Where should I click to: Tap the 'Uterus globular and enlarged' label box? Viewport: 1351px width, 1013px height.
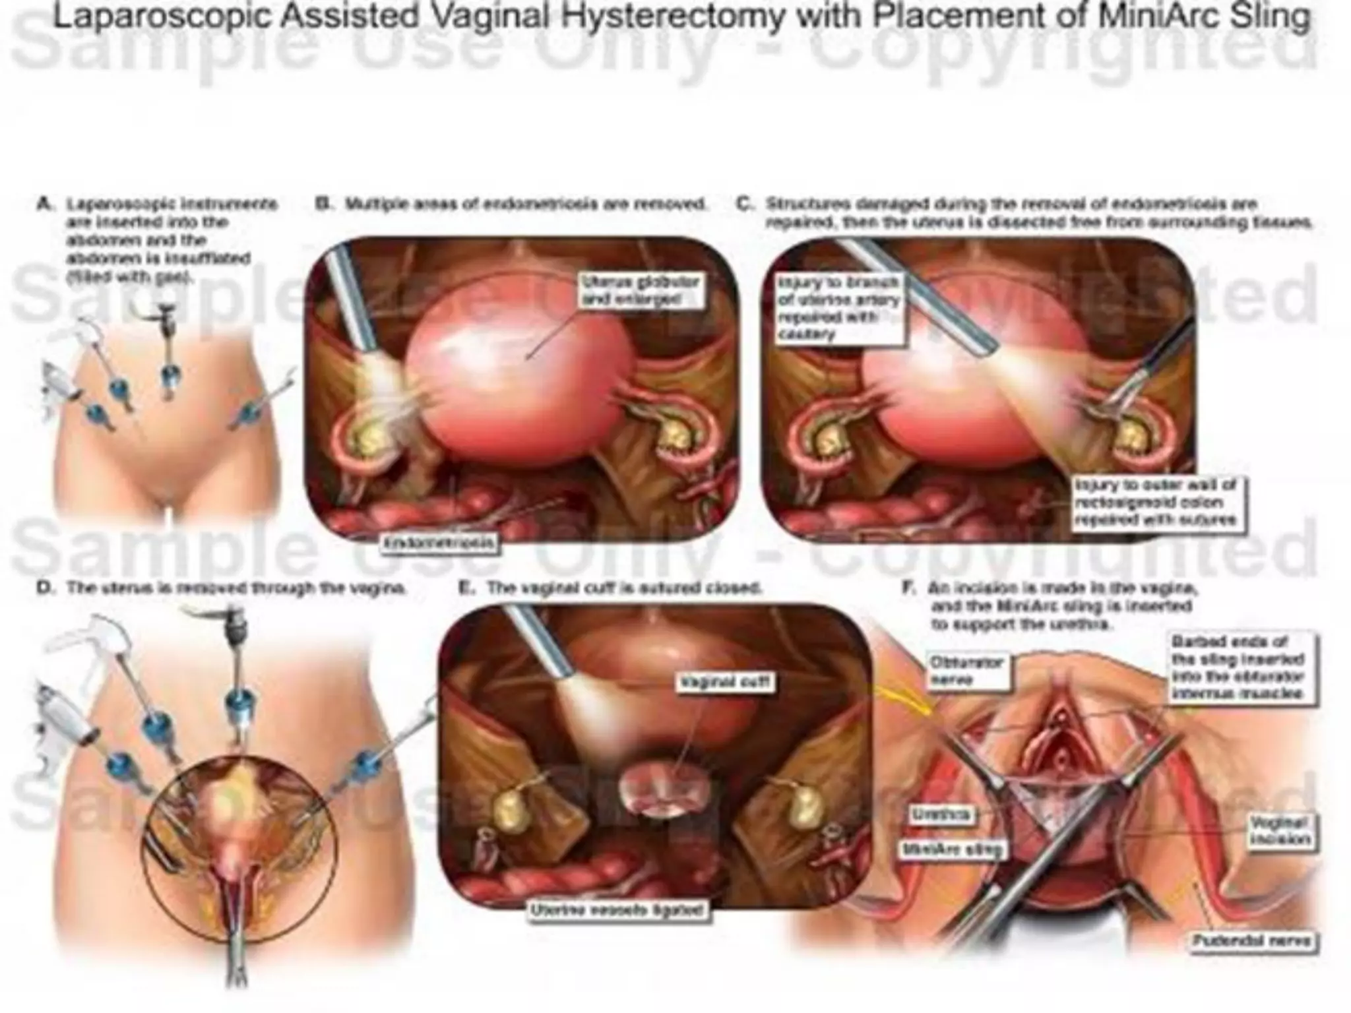point(639,291)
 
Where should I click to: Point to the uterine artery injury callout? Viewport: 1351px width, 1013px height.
point(838,309)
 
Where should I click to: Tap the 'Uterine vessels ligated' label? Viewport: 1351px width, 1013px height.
point(618,911)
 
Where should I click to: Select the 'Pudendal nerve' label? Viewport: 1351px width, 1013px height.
point(1254,941)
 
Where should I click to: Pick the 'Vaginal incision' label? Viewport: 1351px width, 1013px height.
point(1279,830)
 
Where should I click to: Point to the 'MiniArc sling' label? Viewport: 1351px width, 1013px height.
point(952,850)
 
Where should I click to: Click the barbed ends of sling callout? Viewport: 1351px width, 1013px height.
point(1237,667)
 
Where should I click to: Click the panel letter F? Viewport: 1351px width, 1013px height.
point(908,588)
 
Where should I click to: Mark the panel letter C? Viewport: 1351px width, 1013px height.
point(743,204)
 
